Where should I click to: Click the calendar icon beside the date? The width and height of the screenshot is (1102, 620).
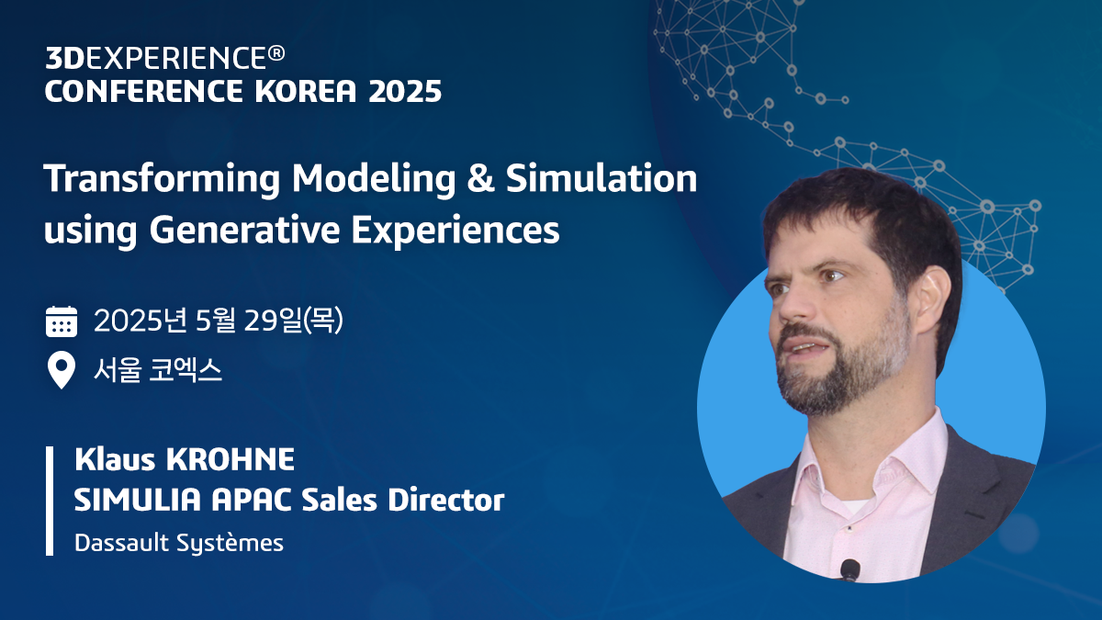pyautogui.click(x=62, y=321)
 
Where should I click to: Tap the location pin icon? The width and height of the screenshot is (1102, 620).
pyautogui.click(x=62, y=371)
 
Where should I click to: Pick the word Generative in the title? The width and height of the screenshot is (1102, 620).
pyautogui.click(x=232, y=230)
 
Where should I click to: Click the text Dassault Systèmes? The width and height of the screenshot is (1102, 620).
pyautogui.click(x=179, y=543)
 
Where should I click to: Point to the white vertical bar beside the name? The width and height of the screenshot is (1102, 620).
pyautogui.click(x=50, y=501)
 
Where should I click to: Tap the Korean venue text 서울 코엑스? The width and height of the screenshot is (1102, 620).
pyautogui.click(x=158, y=372)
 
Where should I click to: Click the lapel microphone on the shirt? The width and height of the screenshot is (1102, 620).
pyautogui.click(x=849, y=569)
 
